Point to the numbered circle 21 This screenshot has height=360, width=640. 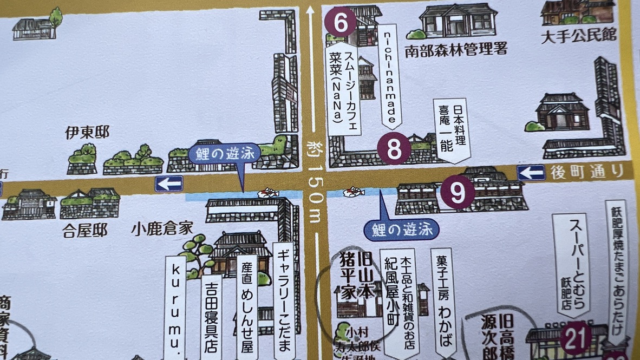(x=575, y=338)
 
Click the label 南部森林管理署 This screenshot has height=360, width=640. (x=456, y=50)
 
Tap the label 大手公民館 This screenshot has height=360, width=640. (x=579, y=36)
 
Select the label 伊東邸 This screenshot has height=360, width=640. (x=87, y=132)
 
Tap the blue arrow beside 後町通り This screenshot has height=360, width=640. (x=531, y=173)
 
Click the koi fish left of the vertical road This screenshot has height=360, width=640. (x=269, y=193)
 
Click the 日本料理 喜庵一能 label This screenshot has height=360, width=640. (x=450, y=130)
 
